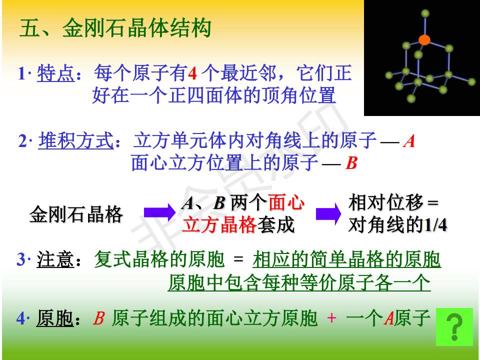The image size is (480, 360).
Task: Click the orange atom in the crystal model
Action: tap(424, 40)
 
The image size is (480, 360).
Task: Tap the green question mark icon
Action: tap(454, 327)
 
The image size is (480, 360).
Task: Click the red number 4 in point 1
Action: tap(192, 73)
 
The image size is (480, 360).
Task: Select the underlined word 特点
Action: tap(55, 73)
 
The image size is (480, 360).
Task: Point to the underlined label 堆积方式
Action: tap(76, 141)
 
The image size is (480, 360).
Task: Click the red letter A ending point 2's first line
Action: tap(409, 141)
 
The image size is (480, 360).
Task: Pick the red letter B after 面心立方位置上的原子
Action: tap(351, 162)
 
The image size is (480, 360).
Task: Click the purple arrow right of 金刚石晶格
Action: tap(159, 212)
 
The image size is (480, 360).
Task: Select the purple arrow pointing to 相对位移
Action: tap(328, 213)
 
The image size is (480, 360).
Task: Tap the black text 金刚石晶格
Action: tap(76, 214)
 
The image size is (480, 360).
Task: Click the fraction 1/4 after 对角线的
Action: tap(435, 225)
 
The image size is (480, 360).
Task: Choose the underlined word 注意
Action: tap(55, 259)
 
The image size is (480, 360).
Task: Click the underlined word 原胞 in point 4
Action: tap(55, 318)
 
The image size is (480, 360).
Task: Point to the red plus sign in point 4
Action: tap(331, 318)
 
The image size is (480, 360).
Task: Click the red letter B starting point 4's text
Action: tap(99, 318)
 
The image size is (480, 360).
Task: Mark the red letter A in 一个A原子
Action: tap(389, 318)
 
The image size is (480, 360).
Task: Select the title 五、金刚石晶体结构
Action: tap(115, 28)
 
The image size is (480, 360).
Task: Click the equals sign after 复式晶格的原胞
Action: tap(238, 259)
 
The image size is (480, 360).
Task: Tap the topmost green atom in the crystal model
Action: tap(425, 13)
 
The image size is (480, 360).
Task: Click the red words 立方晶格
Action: tap(219, 225)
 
